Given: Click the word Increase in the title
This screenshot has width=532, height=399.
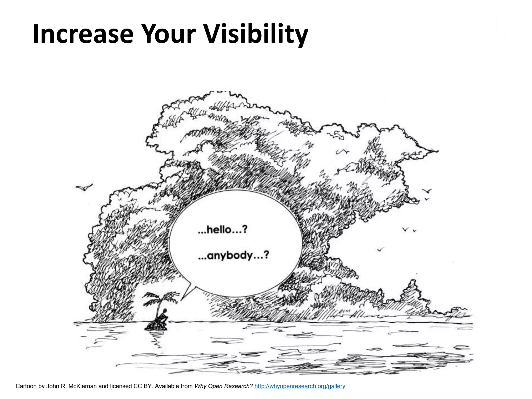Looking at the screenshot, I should coord(83,34).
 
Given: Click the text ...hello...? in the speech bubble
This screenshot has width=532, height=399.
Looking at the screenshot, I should coord(222,230).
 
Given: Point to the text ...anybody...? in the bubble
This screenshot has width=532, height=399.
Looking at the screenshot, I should coord(233,256).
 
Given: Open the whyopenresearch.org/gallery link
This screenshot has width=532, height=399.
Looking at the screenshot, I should coord(300,386).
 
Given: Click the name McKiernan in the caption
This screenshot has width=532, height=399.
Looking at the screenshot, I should coord(82,386).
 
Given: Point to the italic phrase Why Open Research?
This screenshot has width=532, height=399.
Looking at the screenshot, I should coord(223,386).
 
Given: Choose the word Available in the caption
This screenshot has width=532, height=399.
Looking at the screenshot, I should coord(167,386).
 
